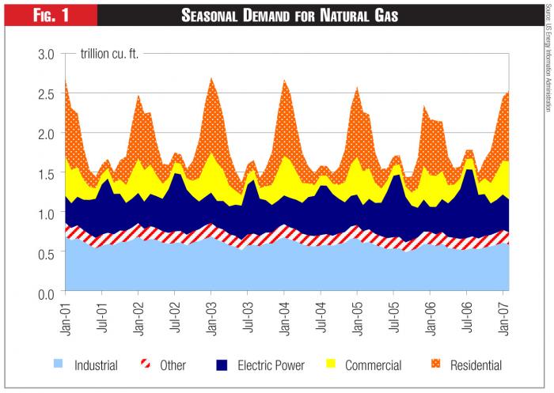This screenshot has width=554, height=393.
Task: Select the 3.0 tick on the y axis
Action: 46,54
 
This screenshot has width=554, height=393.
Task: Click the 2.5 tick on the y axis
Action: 46,93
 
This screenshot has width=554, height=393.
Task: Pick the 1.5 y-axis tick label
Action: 46,173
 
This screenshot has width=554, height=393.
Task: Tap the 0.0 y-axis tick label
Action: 46,293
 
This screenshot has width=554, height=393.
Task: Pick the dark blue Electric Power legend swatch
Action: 222,365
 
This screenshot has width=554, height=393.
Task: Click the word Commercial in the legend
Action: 372,365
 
